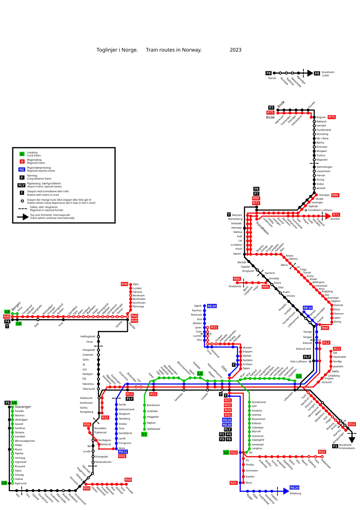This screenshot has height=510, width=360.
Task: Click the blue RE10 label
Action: coord(307,308)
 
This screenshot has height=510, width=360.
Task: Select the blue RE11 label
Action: coord(123,451)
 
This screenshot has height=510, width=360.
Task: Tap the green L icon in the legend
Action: coord(22,154)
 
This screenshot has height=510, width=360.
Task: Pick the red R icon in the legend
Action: coord(22,162)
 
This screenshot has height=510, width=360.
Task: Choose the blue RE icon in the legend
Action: coord(22,169)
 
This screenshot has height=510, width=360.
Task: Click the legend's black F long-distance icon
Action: coord(22,177)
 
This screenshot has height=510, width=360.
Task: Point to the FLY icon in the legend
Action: coord(21,185)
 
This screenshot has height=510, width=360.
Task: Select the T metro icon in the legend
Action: coord(22,193)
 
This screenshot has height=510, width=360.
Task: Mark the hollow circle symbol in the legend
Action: coord(22,201)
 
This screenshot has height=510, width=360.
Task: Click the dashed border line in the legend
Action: coord(22,208)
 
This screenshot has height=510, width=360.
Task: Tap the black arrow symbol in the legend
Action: coord(22,217)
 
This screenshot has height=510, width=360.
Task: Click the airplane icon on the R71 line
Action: coord(306,210)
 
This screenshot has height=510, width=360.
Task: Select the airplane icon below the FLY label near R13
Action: coord(309,362)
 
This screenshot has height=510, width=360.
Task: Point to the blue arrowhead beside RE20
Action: coord(286,490)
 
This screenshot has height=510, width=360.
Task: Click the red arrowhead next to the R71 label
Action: coord(328,215)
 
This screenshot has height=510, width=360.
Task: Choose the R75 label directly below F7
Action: coord(270,112)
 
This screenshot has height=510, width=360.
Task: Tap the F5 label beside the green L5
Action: coord(7,403)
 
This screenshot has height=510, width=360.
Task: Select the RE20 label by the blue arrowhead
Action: coord(294,487)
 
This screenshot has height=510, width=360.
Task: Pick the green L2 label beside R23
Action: coord(226,452)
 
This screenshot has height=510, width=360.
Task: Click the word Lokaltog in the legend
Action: coord(32,153)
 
